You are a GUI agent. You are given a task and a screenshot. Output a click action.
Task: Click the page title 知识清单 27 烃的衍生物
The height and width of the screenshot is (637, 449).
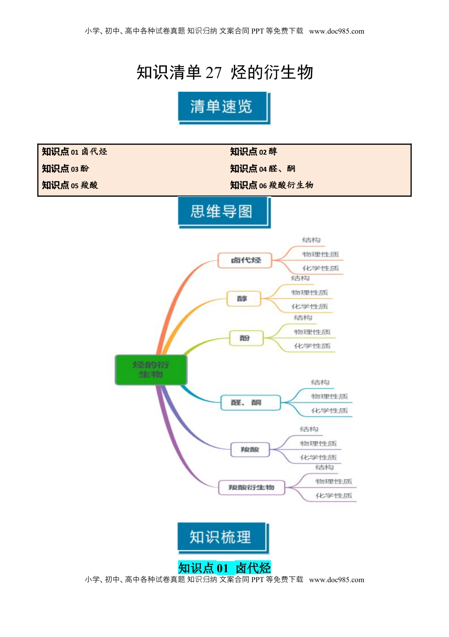(224, 72)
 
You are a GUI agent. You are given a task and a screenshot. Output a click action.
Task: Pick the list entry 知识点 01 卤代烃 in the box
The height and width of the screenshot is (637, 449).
(74, 152)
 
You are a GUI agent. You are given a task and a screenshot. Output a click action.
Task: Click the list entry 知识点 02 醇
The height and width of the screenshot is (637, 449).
(253, 152)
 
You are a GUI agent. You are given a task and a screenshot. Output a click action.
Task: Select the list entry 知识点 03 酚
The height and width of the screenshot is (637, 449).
(65, 169)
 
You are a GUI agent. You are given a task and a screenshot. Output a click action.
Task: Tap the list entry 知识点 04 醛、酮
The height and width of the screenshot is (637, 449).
(262, 169)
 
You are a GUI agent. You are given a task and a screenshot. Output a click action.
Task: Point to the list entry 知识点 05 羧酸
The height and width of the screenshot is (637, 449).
(69, 185)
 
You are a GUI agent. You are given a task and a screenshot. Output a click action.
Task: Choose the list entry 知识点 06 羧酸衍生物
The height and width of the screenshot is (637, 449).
(271, 185)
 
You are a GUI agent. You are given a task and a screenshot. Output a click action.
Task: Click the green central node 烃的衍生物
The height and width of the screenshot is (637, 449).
(151, 369)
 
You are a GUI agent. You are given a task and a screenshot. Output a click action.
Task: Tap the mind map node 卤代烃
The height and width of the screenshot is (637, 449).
(245, 260)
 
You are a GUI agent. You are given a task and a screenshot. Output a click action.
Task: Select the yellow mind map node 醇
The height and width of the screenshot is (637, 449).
(242, 299)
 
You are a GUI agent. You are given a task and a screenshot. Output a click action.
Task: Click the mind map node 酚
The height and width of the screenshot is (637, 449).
(245, 338)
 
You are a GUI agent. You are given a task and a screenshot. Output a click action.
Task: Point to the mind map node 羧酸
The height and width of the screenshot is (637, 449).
(250, 449)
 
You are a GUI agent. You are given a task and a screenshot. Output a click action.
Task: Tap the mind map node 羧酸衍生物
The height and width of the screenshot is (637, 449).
(251, 488)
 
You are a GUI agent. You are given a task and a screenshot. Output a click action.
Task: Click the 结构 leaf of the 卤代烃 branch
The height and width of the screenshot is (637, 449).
(311, 240)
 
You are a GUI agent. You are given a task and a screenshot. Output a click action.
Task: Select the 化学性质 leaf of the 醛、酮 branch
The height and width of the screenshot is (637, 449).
(329, 410)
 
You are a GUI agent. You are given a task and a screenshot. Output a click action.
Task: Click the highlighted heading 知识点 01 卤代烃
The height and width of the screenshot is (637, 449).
(224, 567)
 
